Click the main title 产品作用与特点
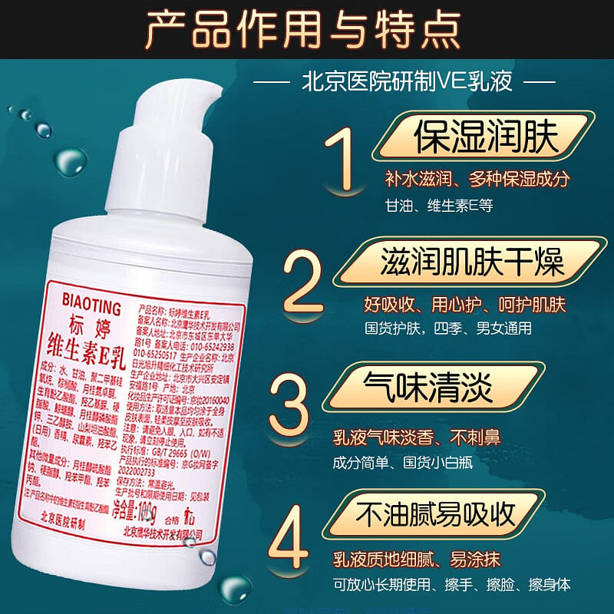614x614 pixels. (306, 29)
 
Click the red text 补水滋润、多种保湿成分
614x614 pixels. (477, 180)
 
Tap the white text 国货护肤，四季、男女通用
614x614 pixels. (447, 328)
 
